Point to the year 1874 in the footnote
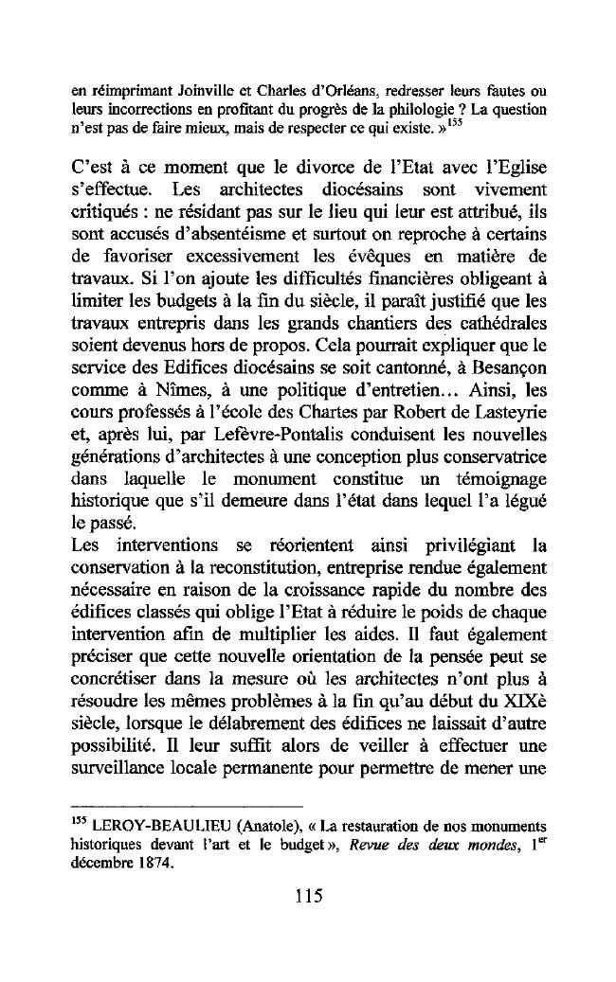point(146,862)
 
